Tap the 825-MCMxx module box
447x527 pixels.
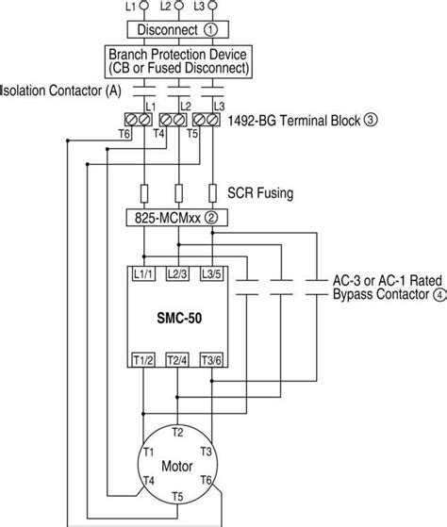pos(172,218)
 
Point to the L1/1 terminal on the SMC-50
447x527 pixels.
pos(143,273)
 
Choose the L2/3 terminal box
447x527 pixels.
pos(177,273)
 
